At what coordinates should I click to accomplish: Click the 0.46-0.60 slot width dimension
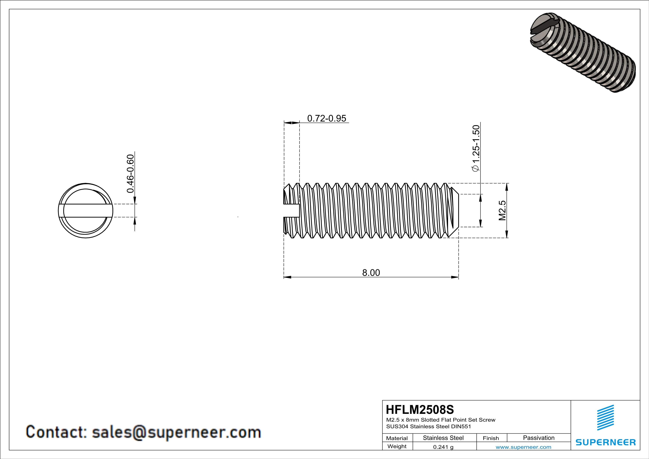pyautogui.click(x=130, y=174)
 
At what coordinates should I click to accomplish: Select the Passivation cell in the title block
pyautogui.click(x=539, y=438)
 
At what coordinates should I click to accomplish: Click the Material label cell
pyautogui.click(x=397, y=438)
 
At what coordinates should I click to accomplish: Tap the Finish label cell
pyautogui.click(x=491, y=438)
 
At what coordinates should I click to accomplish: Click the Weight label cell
pyautogui.click(x=397, y=446)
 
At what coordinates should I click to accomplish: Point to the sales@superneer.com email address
pyautogui.click(x=176, y=432)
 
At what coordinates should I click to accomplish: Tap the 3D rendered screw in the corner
pyautogui.click(x=582, y=53)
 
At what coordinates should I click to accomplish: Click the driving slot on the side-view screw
pyautogui.click(x=291, y=211)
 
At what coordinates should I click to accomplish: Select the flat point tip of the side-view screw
pyautogui.click(x=455, y=211)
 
